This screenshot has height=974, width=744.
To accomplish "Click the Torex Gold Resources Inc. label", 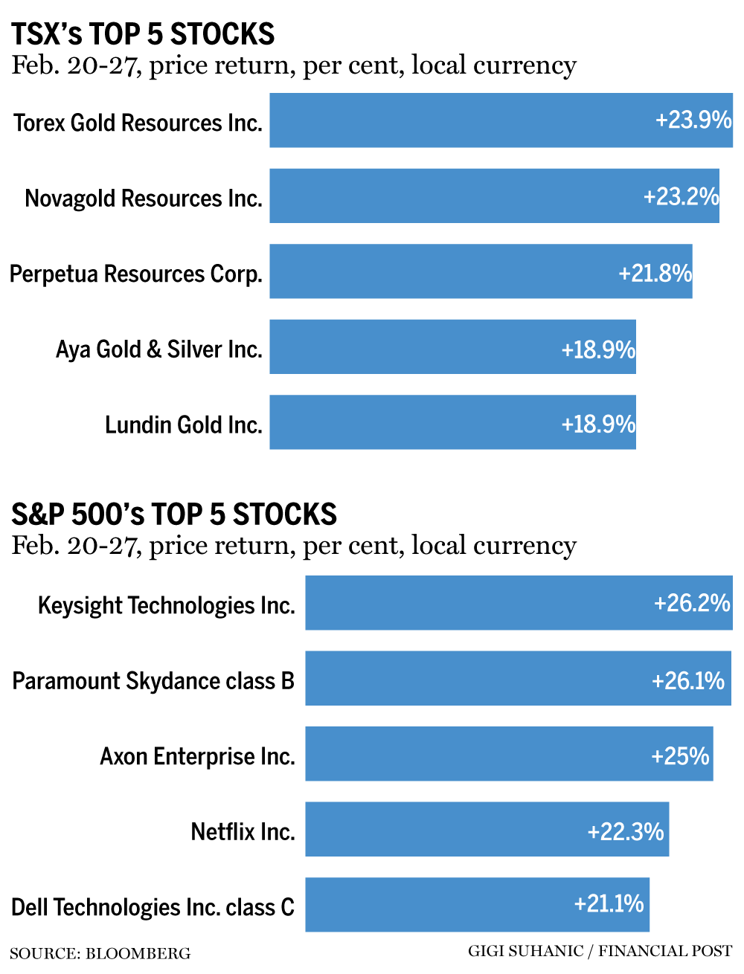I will click(138, 123).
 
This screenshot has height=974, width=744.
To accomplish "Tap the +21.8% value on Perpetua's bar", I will click(655, 273).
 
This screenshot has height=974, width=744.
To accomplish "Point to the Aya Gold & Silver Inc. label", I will click(159, 349).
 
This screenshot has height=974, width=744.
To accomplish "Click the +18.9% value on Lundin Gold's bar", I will click(598, 424).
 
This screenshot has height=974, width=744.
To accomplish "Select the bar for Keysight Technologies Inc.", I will click(476, 603).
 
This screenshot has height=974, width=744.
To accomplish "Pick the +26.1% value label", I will click(687, 680).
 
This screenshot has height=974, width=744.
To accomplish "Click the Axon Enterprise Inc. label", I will click(197, 756).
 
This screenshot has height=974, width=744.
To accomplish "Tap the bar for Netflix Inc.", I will click(446, 830).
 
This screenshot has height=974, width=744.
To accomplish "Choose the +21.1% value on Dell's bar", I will click(609, 903).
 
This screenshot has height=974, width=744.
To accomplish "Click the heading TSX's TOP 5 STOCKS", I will click(143, 34).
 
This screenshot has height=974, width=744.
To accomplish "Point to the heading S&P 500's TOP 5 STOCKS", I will click(174, 515).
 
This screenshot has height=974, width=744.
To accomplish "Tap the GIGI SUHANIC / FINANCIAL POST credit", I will click(600, 951).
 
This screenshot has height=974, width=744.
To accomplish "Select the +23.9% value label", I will click(693, 120).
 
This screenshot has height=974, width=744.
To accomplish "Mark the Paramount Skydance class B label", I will click(153, 680).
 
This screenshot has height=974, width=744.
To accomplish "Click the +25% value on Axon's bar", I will click(680, 755).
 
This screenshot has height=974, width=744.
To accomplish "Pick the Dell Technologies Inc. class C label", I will click(153, 907).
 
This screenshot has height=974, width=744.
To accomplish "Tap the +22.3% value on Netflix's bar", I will click(625, 831).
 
